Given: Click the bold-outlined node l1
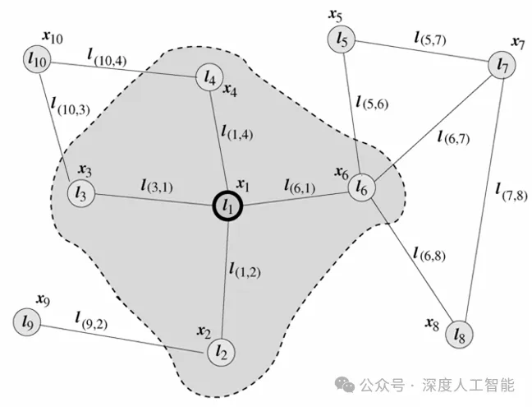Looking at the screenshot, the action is (x=227, y=206).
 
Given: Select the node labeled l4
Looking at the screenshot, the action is (x=209, y=78).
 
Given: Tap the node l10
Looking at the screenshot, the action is (x=37, y=59).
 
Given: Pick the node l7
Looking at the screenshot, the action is (x=502, y=65).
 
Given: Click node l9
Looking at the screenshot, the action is (x=27, y=322).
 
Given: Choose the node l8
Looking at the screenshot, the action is (x=459, y=335).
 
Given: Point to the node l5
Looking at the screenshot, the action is (x=342, y=39).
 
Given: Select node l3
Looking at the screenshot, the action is (x=81, y=193).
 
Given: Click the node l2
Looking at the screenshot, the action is (x=221, y=353).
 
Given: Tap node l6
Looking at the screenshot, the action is (x=362, y=187).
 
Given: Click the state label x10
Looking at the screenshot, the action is (x=53, y=37).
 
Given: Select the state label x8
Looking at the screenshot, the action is (x=432, y=324).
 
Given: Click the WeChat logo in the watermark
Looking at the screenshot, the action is (x=345, y=385).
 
